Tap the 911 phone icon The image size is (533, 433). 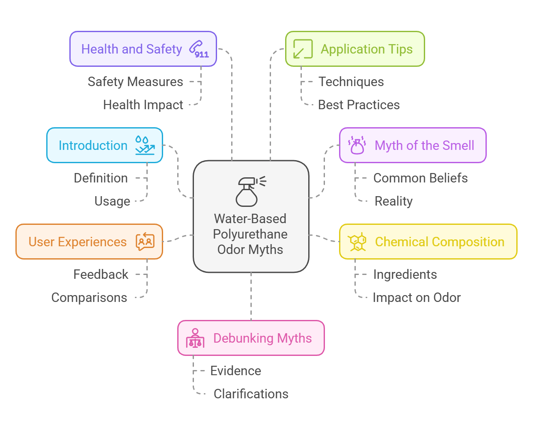(199, 49)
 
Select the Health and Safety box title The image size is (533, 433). (131, 49)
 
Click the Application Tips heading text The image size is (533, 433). (366, 49)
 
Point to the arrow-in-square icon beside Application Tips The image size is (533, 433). (303, 49)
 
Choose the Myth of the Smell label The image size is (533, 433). (424, 146)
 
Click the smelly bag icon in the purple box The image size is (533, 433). (357, 146)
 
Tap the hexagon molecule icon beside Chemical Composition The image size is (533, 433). (357, 242)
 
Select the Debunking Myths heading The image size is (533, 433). (262, 338)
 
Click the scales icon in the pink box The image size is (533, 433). (195, 338)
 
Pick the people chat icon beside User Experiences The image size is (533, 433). (145, 242)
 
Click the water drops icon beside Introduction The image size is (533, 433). (144, 146)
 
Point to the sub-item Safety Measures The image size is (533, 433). (135, 82)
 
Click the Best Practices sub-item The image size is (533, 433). (359, 105)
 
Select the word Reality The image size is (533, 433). (393, 201)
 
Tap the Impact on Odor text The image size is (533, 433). (417, 298)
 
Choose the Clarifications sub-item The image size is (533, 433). (251, 394)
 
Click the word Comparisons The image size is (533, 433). (89, 298)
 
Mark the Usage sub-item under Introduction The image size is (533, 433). (112, 201)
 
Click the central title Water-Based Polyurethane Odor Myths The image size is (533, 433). (250, 234)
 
